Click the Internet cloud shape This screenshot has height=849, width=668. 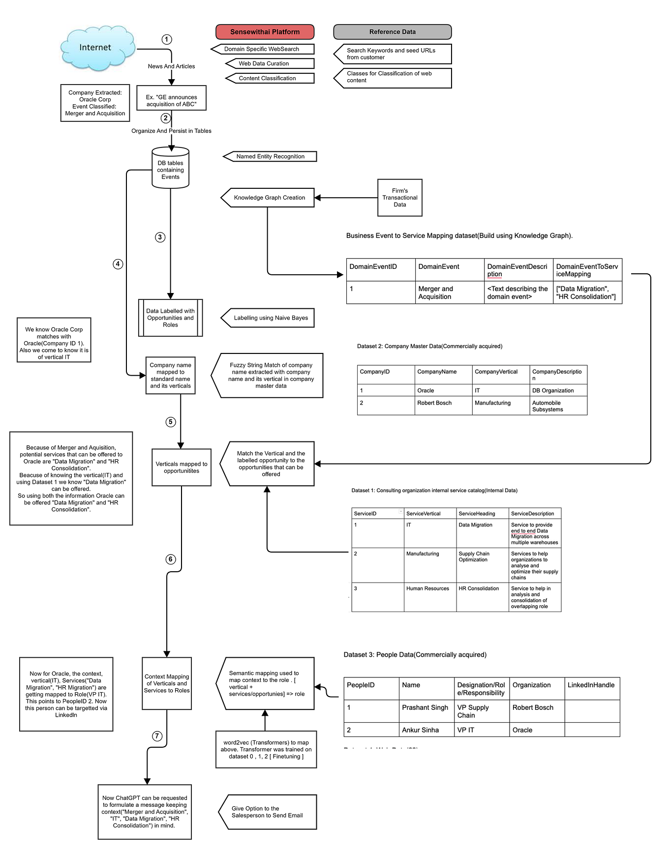97,48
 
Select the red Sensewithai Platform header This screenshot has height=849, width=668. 265,32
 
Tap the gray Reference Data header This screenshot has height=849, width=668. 392,32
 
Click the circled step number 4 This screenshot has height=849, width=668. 118,264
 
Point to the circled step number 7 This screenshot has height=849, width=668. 157,736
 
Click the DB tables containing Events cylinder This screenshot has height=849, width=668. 170,169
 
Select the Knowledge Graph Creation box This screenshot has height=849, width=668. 269,198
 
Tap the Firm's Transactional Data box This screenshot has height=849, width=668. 399,198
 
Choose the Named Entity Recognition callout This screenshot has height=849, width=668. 270,156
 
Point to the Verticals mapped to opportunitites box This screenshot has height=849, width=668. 181,468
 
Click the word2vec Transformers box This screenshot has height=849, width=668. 266,749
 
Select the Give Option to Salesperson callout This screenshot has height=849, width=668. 268,812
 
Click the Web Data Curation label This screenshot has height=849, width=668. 264,63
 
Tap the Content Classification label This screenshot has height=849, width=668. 267,78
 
